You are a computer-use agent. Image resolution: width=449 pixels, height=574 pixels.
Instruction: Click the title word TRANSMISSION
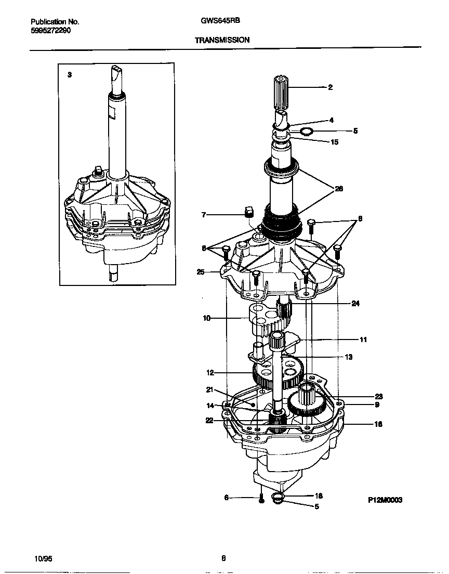[x=222, y=40]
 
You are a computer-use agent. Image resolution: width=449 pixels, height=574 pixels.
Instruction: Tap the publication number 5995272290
[x=51, y=31]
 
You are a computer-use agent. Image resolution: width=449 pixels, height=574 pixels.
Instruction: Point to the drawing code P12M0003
[x=385, y=500]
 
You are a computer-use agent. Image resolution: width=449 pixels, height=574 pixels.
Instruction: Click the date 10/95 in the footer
[x=42, y=558]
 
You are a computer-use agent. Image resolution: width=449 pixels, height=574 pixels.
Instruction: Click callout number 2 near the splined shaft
[x=330, y=87]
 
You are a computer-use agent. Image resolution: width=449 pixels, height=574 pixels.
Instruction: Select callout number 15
[x=334, y=142]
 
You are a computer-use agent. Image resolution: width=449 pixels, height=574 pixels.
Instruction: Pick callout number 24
[x=355, y=304]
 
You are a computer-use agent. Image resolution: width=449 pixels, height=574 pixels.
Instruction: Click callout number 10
[x=206, y=318]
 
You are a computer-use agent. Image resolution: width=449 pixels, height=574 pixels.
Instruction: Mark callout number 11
[x=363, y=340]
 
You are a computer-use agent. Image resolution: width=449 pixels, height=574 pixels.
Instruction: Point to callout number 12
[x=210, y=372]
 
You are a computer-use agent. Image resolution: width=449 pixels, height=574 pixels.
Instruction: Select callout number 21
[x=209, y=389]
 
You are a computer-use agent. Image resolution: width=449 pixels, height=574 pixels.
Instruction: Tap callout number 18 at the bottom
[x=319, y=496]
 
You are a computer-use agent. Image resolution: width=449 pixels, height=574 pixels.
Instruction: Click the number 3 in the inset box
[x=70, y=75]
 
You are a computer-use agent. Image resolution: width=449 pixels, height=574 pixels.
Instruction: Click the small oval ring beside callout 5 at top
[x=307, y=131]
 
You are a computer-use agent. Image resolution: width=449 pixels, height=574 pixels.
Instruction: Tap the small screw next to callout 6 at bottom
[x=262, y=499]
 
